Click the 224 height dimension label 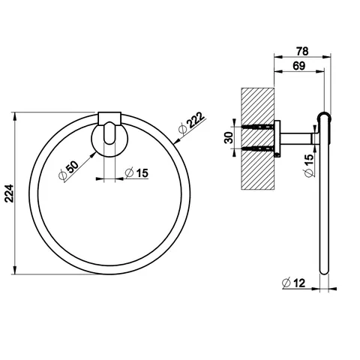tap(9, 193)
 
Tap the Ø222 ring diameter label tap(192, 124)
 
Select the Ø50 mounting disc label tap(68, 171)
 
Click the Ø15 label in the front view tap(136, 172)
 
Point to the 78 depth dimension tap(302, 51)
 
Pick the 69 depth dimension tap(299, 66)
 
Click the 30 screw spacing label tap(229, 137)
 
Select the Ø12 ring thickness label tap(293, 283)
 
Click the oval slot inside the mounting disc tap(109, 133)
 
